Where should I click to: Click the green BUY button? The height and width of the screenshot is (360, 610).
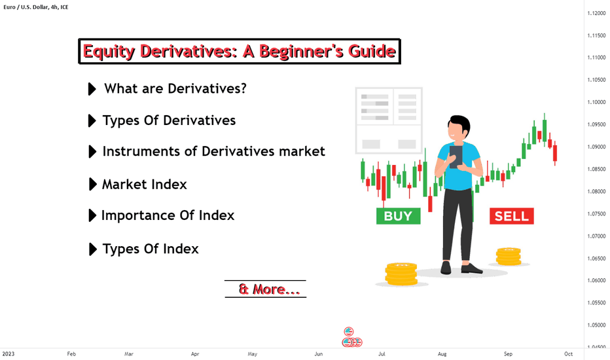(x=399, y=216)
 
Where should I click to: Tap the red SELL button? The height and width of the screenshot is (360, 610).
(x=512, y=217)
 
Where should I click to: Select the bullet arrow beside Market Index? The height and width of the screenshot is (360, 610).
(x=92, y=184)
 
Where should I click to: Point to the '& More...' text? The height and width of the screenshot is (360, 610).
(x=269, y=289)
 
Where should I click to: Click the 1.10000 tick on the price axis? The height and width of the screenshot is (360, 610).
(x=596, y=102)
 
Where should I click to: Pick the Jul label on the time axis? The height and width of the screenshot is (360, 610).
(x=382, y=353)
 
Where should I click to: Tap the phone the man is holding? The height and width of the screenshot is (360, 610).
(x=456, y=156)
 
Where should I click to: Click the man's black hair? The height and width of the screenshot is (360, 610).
(x=461, y=122)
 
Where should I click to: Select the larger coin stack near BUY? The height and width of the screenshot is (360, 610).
(x=401, y=274)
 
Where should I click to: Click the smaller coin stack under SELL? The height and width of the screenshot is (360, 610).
(x=509, y=257)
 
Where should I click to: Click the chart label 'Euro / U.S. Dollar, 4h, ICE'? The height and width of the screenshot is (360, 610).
(x=36, y=7)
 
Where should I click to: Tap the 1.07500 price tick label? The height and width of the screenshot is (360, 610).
(x=596, y=213)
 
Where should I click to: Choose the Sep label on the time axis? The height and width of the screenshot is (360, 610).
(x=508, y=353)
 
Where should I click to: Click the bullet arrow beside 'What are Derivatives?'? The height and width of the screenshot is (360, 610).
(x=92, y=89)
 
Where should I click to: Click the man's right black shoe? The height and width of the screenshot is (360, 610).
(x=471, y=268)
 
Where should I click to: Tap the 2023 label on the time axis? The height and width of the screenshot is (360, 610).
(x=8, y=353)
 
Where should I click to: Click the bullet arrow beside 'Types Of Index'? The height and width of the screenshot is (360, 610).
(x=92, y=249)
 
